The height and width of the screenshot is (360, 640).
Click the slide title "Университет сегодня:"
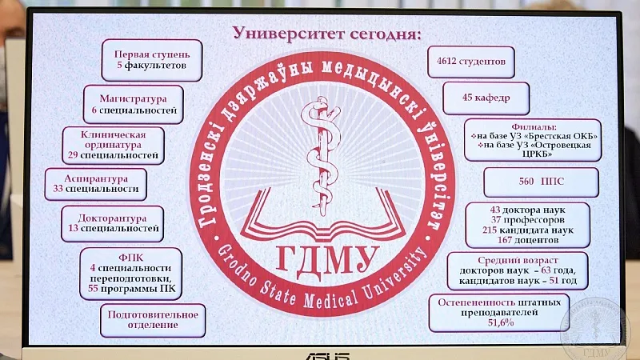(326, 34)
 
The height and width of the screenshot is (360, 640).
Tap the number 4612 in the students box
(446, 62)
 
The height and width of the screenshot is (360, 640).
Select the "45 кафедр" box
(486, 98)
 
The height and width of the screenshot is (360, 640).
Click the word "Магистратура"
(133, 98)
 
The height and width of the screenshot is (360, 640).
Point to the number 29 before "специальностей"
(73, 155)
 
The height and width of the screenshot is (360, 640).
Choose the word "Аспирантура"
(96, 178)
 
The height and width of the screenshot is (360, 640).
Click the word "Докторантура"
(112, 218)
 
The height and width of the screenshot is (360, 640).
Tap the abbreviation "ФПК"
(130, 258)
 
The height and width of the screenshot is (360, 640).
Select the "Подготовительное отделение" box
(153, 321)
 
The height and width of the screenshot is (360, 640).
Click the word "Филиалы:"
(534, 127)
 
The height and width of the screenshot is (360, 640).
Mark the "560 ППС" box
(542, 182)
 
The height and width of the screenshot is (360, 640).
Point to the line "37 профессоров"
(527, 220)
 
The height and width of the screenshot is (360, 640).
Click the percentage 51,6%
(501, 323)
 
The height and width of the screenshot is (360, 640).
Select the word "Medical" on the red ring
(331, 301)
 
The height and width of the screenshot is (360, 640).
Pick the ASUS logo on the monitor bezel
(328, 355)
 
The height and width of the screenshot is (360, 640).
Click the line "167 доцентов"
(527, 240)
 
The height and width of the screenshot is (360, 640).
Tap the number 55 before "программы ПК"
(93, 289)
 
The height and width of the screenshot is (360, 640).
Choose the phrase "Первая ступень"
(152, 54)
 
